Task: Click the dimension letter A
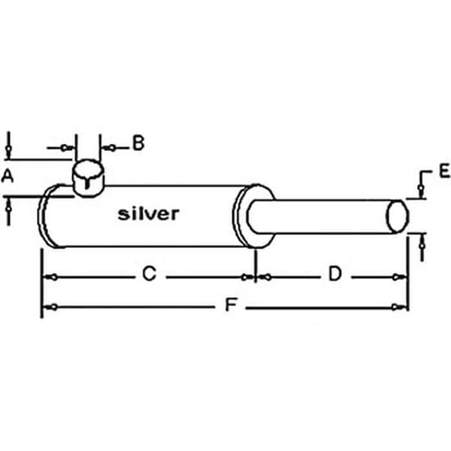8,177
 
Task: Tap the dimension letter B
138,143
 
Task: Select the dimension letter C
150,274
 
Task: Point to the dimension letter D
335,274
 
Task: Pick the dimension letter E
444,171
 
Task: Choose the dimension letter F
231,305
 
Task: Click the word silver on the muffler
149,214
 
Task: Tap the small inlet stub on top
88,177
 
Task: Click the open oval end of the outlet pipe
397,216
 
